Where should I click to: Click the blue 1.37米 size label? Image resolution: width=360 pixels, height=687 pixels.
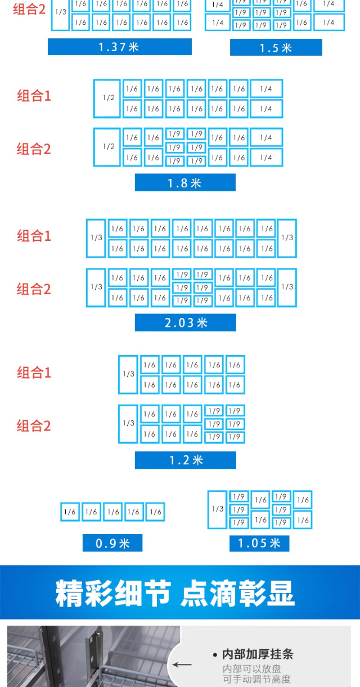[120, 47]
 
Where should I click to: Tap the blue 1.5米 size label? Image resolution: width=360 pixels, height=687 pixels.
[276, 47]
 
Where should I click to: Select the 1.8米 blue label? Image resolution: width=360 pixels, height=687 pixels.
[185, 182]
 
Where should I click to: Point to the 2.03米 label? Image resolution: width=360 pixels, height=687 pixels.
[186, 322]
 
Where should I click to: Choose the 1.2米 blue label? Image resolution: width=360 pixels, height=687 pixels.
[186, 460]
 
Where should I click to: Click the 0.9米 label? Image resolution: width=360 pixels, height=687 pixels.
[112, 543]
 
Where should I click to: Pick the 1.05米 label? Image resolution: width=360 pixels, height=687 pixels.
[259, 543]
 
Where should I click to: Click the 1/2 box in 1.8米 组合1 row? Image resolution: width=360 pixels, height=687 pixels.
[107, 98]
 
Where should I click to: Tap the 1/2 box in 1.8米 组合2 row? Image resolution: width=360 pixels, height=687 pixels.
[107, 147]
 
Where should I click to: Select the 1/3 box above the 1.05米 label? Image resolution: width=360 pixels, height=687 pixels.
[217, 509]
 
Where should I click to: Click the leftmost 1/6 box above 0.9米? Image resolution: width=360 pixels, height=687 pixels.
[70, 511]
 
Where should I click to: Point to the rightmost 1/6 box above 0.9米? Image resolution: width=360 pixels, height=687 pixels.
[155, 511]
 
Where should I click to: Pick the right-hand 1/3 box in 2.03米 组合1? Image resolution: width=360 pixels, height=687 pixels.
[287, 238]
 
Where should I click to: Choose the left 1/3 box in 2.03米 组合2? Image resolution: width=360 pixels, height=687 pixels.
[96, 288]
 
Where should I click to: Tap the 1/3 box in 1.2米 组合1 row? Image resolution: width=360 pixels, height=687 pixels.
[128, 375]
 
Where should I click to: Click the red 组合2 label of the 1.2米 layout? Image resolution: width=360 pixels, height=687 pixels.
[34, 426]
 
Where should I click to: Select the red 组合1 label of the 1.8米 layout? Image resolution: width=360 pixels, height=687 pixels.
[34, 96]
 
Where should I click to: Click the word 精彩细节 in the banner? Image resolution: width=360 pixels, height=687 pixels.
[113, 593]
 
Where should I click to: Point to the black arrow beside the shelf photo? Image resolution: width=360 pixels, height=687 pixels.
[182, 664]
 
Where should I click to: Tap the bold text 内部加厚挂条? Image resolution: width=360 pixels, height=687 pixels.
[258, 654]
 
